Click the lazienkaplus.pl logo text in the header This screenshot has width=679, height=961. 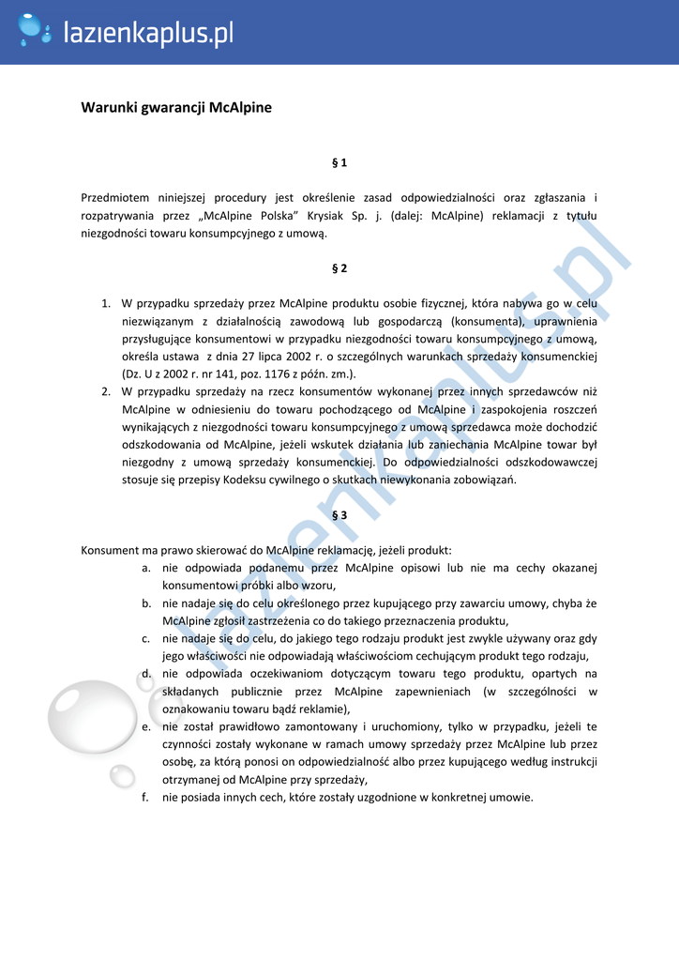click(x=147, y=34)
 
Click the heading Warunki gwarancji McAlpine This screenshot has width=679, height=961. click(x=176, y=107)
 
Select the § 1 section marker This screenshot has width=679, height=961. click(x=339, y=162)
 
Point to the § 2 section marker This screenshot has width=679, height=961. click(x=339, y=268)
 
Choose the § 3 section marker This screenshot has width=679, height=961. click(x=339, y=515)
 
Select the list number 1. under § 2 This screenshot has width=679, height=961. click(x=106, y=304)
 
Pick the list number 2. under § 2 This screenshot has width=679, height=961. click(x=106, y=391)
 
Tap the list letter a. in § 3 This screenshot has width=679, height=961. click(x=146, y=568)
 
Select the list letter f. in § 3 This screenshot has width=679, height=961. click(x=146, y=798)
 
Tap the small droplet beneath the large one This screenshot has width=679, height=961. click(x=123, y=776)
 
